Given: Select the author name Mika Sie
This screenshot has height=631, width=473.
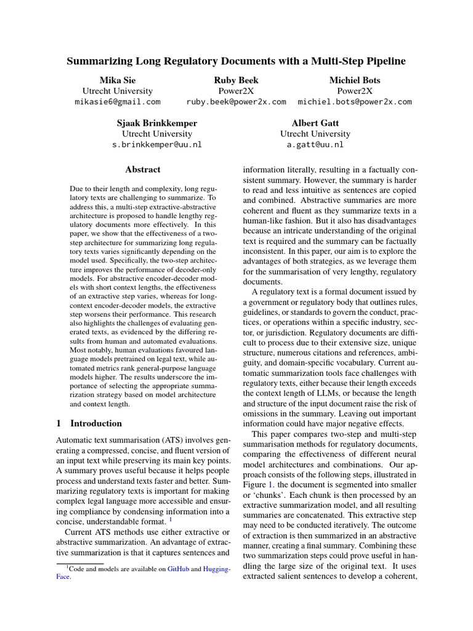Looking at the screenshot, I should [x=118, y=80].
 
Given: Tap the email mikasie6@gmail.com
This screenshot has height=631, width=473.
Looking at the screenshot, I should [x=118, y=102].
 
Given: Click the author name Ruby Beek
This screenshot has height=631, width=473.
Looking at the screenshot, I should [x=236, y=80].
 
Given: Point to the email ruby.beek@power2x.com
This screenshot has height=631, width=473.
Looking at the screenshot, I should [x=236, y=102].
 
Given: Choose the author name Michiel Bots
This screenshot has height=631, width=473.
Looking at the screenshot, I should [x=355, y=80].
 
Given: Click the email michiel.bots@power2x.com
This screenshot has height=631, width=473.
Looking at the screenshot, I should [x=355, y=102].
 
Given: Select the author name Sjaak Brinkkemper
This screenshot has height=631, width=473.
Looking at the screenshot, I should [x=156, y=123].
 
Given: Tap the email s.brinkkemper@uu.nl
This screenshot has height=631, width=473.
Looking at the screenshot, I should [x=156, y=145].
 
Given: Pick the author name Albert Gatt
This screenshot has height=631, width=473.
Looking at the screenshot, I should [x=315, y=123].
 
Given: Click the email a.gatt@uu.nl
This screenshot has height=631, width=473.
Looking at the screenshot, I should [x=315, y=145].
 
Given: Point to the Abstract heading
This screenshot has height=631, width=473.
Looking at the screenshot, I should [x=143, y=169].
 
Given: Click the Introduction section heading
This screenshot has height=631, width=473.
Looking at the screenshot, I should [x=96, y=423].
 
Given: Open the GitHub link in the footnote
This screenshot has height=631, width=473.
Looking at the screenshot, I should [x=178, y=570].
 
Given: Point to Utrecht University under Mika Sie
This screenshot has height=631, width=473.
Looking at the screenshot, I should [x=118, y=91].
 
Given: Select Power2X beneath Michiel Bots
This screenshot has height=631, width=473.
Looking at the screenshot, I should [x=355, y=91].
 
